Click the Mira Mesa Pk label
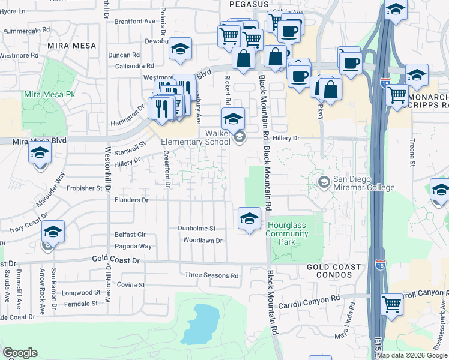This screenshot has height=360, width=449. coord(49,95)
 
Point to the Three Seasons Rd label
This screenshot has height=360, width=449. coord(211,275)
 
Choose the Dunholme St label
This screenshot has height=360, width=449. coord(196,229)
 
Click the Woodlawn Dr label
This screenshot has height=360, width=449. coord(203,241)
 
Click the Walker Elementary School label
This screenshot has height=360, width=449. coord(196,137)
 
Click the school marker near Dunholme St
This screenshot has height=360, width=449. coord(249,218)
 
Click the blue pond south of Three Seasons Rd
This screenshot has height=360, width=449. coord(200,324)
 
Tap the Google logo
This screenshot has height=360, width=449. coord(20,353)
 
